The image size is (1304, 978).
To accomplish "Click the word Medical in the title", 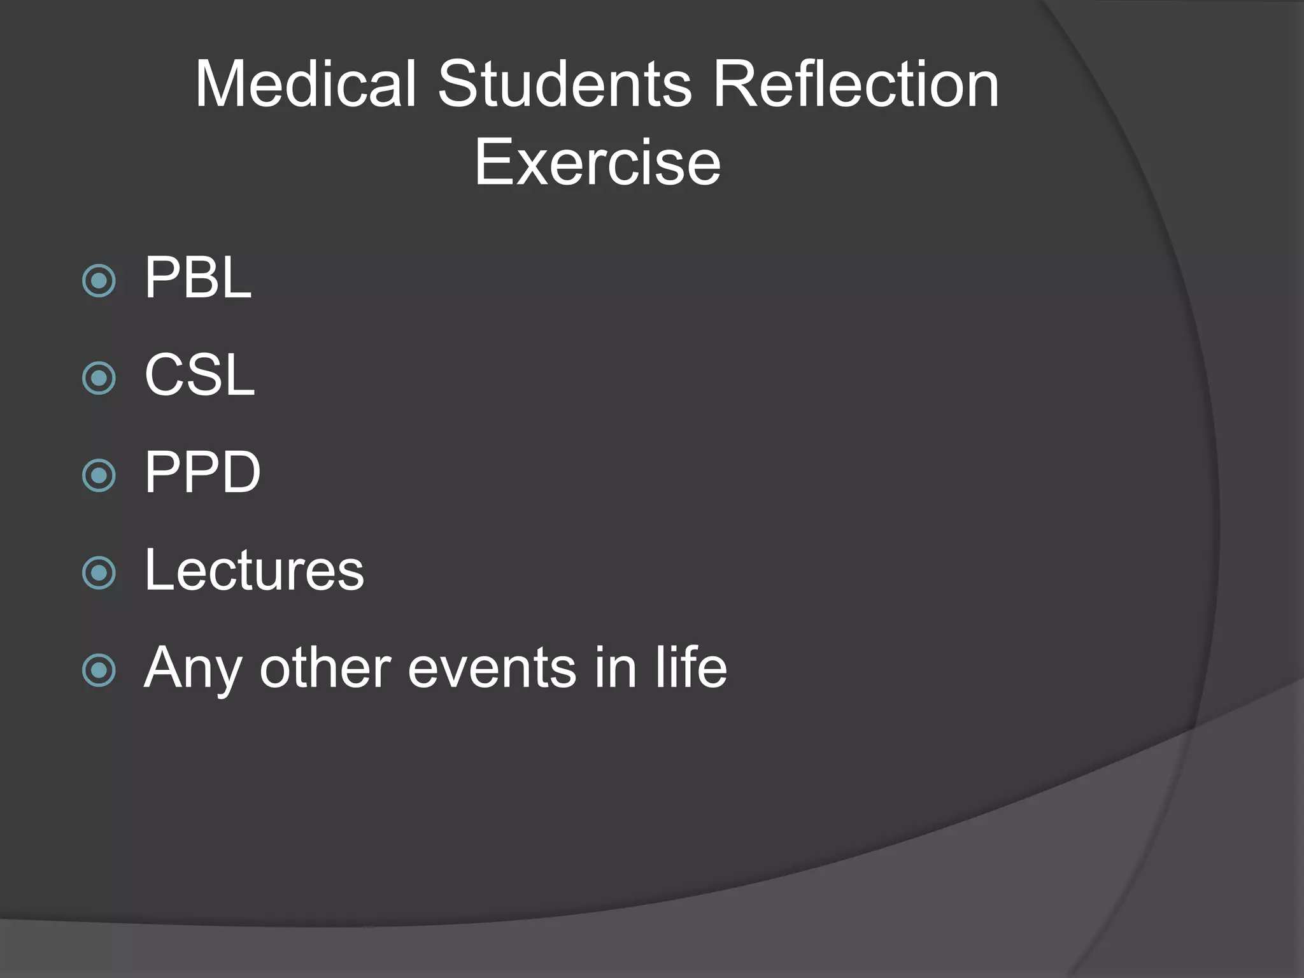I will [306, 84].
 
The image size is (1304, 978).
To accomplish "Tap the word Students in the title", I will [564, 84].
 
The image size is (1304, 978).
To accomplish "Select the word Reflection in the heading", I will [855, 84].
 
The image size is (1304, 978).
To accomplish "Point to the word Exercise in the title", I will [597, 163].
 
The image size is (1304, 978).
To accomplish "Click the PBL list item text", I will [198, 278].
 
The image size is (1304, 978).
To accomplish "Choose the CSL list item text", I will [199, 375].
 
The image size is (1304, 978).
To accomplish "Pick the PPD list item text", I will [202, 472].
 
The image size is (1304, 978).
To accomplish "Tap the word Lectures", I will [254, 570].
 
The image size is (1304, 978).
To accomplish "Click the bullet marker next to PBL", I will [99, 281].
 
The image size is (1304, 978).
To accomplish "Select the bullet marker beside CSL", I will [99, 378].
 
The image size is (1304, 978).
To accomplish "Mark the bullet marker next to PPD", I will [99, 476].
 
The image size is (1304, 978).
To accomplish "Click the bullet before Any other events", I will [99, 670].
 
